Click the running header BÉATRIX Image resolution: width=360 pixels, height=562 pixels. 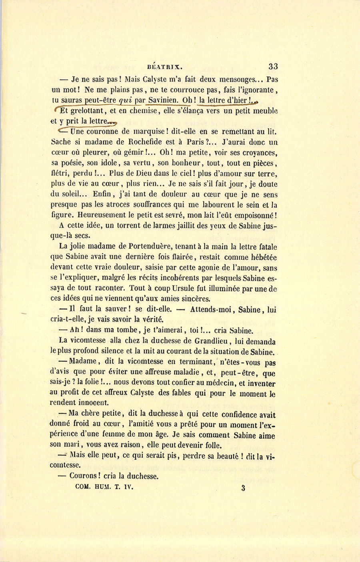pos(164,67)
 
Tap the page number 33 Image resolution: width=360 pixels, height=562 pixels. pos(273,66)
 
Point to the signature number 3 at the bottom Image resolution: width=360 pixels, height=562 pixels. pos(243,488)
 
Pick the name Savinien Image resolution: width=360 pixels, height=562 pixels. pos(163,100)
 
